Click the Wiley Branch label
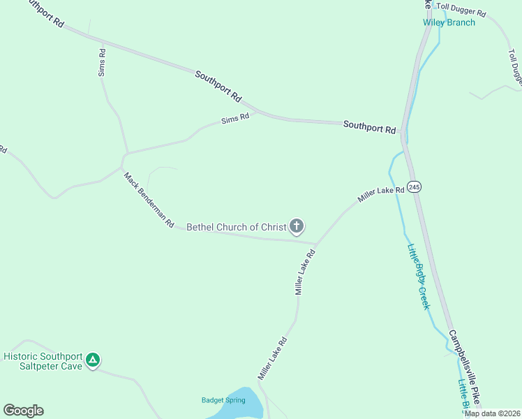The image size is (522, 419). coord(449,22)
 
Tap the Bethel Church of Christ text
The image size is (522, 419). coord(237,227)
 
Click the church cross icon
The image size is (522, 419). coord(297,226)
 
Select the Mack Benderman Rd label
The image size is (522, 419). coord(149,200)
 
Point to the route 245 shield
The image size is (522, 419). coord(415,186)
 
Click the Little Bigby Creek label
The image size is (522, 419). coord(419,277)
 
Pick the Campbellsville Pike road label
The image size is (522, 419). coord(464,367)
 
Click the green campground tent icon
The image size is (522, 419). coord(93,361)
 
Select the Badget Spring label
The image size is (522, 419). coord(223,400)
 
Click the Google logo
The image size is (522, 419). coord(23,411)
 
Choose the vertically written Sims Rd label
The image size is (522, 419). coord(102,62)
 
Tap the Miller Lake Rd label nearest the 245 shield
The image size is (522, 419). coord(381,194)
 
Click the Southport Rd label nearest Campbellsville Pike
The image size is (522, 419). coord(369,126)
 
